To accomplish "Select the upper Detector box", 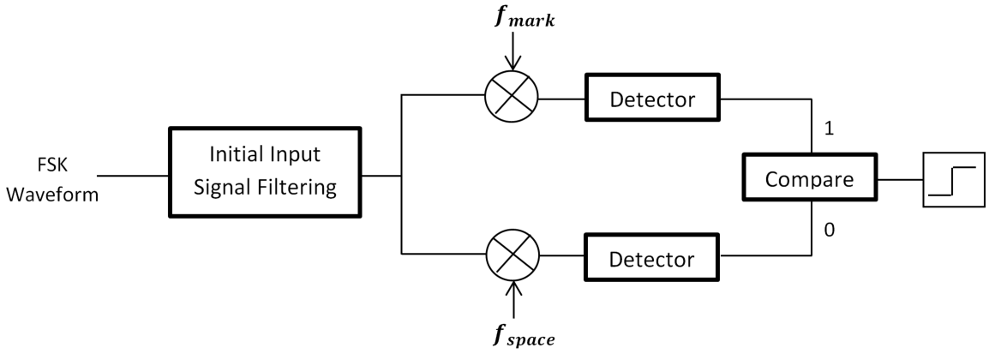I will click(x=652, y=99).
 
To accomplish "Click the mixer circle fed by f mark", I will click(x=512, y=99).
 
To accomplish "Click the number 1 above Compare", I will click(x=829, y=129).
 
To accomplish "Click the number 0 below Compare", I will click(x=829, y=230).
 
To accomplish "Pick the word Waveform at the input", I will click(x=52, y=194).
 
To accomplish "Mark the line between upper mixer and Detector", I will click(x=561, y=99).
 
